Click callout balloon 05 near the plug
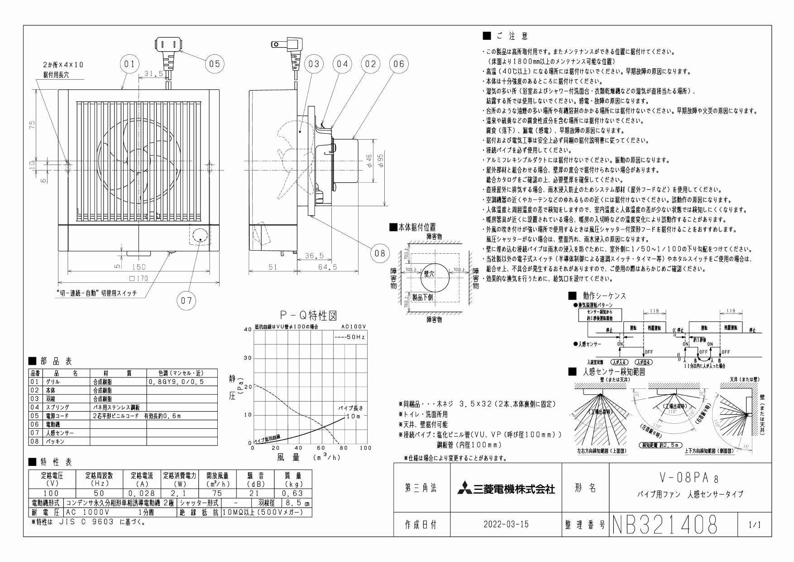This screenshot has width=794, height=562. (215, 64)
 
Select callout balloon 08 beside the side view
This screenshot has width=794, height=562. (380, 253)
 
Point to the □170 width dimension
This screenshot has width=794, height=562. (139, 279)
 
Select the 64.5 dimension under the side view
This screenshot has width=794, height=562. (327, 267)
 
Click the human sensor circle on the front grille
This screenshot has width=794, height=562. (199, 237)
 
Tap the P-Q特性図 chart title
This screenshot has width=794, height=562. (308, 315)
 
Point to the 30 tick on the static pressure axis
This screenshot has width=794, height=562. (247, 359)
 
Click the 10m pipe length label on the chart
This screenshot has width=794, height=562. (354, 416)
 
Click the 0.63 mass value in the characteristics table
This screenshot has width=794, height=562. (289, 493)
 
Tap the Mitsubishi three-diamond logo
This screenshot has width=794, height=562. (464, 489)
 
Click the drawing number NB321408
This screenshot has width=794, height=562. (665, 525)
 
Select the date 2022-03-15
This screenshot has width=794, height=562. (506, 525)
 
